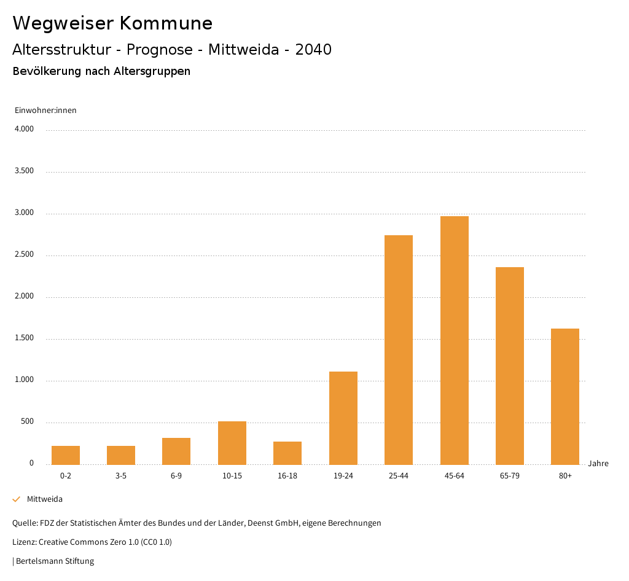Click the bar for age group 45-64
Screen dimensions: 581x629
pos(455,340)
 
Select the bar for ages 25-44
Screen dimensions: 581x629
pos(399,350)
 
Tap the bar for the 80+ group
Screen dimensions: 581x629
pos(565,397)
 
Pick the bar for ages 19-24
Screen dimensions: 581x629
pos(343,418)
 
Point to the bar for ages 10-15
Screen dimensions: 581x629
pos(232,443)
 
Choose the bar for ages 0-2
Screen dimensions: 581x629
pos(66,455)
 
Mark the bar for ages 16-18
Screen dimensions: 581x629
pos(287,453)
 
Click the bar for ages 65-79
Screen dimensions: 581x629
pos(510,366)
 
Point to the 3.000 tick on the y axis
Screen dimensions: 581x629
pos(24,213)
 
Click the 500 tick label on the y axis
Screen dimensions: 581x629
pos(27,422)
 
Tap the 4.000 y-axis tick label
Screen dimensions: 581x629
pos(24,130)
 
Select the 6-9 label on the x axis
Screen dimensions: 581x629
pos(176,476)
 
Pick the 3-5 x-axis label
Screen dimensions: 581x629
pos(121,476)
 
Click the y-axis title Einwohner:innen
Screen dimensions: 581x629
pos(45,111)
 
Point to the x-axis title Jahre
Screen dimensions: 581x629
pos(598,464)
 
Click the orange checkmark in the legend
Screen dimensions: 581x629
pos(17,499)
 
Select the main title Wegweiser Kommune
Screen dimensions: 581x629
pos(112,23)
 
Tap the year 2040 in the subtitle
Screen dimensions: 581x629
pos(313,50)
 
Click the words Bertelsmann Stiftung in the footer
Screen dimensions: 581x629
pos(55,561)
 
